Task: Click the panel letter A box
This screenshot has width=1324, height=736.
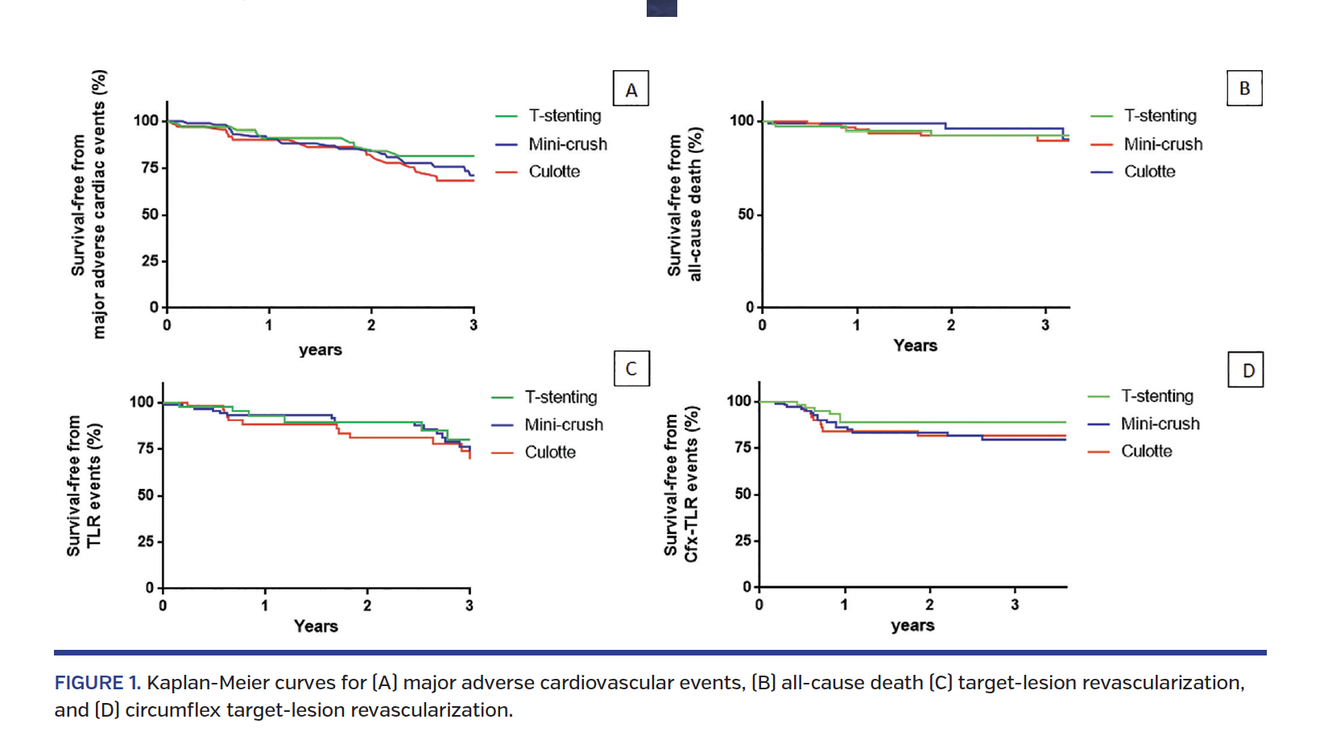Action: pyautogui.click(x=631, y=89)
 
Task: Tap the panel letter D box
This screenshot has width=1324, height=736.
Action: pyautogui.click(x=1246, y=370)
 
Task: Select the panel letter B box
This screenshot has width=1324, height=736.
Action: pyautogui.click(x=1244, y=88)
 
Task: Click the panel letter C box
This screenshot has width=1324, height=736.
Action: pyautogui.click(x=631, y=368)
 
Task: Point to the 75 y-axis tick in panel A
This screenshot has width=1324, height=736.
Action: pyautogui.click(x=150, y=167)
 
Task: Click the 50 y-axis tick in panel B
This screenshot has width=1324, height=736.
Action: pyautogui.click(x=745, y=214)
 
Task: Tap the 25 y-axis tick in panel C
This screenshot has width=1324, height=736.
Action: pyautogui.click(x=145, y=541)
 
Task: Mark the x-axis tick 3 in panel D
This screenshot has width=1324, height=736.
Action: pyautogui.click(x=1015, y=605)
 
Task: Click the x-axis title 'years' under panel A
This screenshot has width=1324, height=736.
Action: pyautogui.click(x=321, y=349)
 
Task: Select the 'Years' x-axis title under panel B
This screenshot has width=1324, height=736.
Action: pyautogui.click(x=915, y=345)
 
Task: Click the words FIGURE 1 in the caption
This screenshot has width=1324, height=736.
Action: pyautogui.click(x=96, y=683)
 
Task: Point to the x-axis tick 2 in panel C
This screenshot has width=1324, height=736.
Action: pyautogui.click(x=367, y=606)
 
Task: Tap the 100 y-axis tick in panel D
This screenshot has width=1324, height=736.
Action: pyautogui.click(x=739, y=401)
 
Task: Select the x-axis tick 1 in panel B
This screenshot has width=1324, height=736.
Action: pyautogui.click(x=857, y=325)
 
